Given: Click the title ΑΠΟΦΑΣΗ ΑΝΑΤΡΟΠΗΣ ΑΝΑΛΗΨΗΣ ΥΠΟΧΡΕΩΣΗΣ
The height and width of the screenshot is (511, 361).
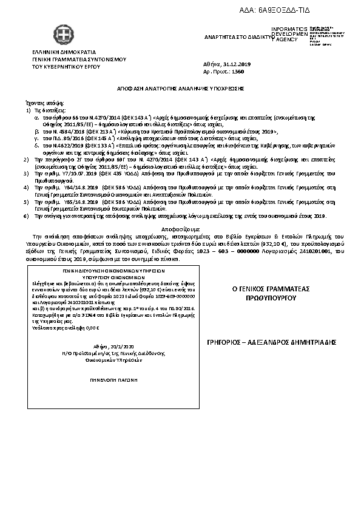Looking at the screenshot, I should pos(180,88).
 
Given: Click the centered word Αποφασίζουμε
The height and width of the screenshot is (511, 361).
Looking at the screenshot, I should pos(180,225).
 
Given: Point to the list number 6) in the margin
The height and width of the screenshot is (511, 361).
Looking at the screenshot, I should pos(25,216).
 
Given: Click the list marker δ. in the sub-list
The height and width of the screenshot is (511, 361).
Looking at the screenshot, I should pos(36,146).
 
